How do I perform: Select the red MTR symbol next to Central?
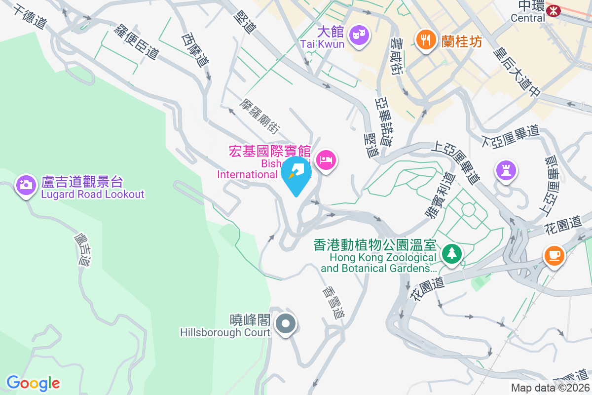[x=554, y=10]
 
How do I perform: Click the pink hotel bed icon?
[x=326, y=160]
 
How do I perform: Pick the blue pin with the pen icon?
[x=296, y=173]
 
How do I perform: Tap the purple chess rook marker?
[x=506, y=170]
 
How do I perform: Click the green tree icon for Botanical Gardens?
[x=451, y=254]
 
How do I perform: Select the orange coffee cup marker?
[x=554, y=255]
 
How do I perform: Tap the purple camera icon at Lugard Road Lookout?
[x=26, y=185]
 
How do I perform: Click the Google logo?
[x=33, y=383]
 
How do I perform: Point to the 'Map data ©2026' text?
[x=550, y=388]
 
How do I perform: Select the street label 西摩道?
[x=195, y=50]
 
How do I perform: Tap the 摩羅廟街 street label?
[x=259, y=117]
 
